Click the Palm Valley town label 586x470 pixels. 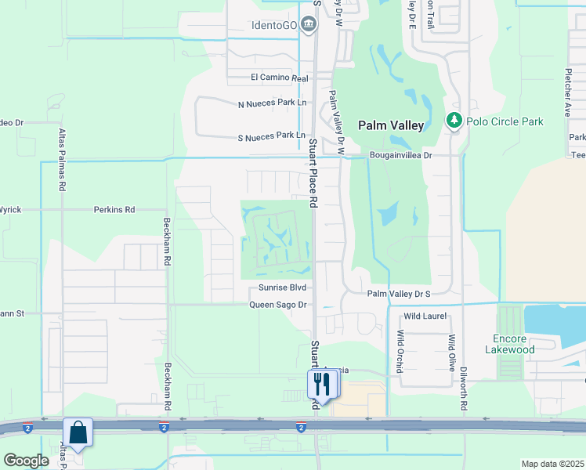click(x=391, y=125)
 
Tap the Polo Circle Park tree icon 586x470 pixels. click(x=453, y=121)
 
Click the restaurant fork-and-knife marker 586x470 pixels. click(x=322, y=384)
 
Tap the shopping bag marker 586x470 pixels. click(x=78, y=432)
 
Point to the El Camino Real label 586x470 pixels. click(x=279, y=78)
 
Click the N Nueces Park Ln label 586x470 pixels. click(x=271, y=103)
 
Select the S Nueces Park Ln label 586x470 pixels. click(x=271, y=136)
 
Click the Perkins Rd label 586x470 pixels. click(x=114, y=210)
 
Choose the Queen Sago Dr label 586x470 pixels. click(x=277, y=305)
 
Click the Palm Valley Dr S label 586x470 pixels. click(x=399, y=294)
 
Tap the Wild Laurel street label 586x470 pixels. click(x=425, y=316)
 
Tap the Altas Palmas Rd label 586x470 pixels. click(x=61, y=161)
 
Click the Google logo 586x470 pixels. click(x=26, y=461)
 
